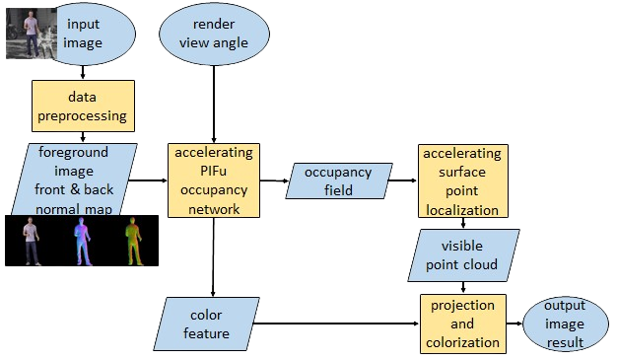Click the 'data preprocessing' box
83,106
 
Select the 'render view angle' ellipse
214,34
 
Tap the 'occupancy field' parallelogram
339,180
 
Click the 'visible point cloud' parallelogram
463,255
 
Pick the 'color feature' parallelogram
207,324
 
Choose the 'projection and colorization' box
463,324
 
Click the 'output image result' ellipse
565,324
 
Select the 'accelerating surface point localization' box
463,180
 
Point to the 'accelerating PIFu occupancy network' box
214,180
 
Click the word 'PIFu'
213,171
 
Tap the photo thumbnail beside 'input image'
32,34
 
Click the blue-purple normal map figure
83,241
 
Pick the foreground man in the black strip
31,241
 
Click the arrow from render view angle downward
214,104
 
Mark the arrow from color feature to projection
336,324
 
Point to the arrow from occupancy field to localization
403,180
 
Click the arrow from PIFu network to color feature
213,257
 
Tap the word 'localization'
462,210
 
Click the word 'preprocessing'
82,116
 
